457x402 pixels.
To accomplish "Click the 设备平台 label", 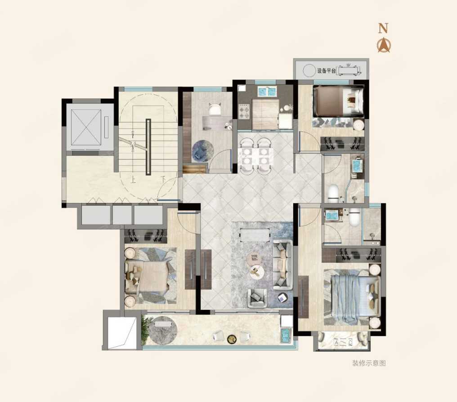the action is point(327,71).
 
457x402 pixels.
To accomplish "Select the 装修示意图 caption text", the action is point(369,363).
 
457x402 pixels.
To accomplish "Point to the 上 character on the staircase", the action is point(134,180).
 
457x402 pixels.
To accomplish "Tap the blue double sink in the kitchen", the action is point(267,91).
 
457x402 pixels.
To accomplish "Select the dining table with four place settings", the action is point(255,156).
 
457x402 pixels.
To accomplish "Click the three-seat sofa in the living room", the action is point(283,265).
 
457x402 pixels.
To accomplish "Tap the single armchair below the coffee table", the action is point(257,298).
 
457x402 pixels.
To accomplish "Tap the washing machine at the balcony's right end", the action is point(287,336).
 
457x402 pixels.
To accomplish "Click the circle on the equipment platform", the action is point(309,71).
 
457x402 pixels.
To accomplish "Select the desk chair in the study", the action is point(215,109).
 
